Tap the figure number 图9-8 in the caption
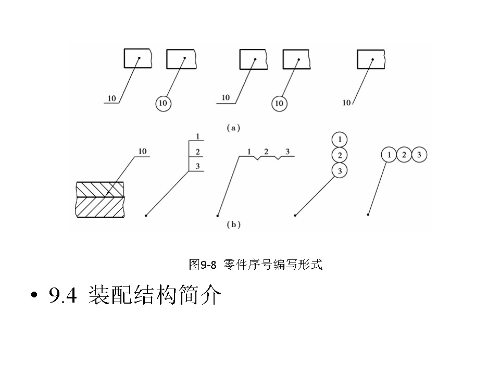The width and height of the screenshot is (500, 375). coord(202,265)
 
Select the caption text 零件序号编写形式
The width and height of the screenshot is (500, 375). coord(273,265)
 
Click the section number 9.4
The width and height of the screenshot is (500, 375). coord(63,296)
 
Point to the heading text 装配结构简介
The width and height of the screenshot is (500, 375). coord(155,296)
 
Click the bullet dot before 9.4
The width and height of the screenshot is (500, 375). coord(35,297)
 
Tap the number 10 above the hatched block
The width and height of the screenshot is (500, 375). coord(142,152)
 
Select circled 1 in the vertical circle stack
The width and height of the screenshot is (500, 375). coord(339,140)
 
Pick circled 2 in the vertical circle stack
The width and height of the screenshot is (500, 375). coord(339,155)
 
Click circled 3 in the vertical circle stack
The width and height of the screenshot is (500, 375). coord(339,170)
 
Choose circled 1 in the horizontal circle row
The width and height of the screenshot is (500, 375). coord(389,155)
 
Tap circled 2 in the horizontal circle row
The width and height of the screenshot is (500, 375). coord(404,155)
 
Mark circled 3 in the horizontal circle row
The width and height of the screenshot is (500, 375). coord(419,155)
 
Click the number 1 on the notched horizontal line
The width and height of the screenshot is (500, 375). coord(249,152)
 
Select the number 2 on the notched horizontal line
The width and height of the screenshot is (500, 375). coord(266,152)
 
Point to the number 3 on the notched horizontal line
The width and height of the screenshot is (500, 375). coord(287,152)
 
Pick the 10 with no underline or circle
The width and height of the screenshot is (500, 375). coord(346,103)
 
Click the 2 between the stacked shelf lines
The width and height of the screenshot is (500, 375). coord(197,152)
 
